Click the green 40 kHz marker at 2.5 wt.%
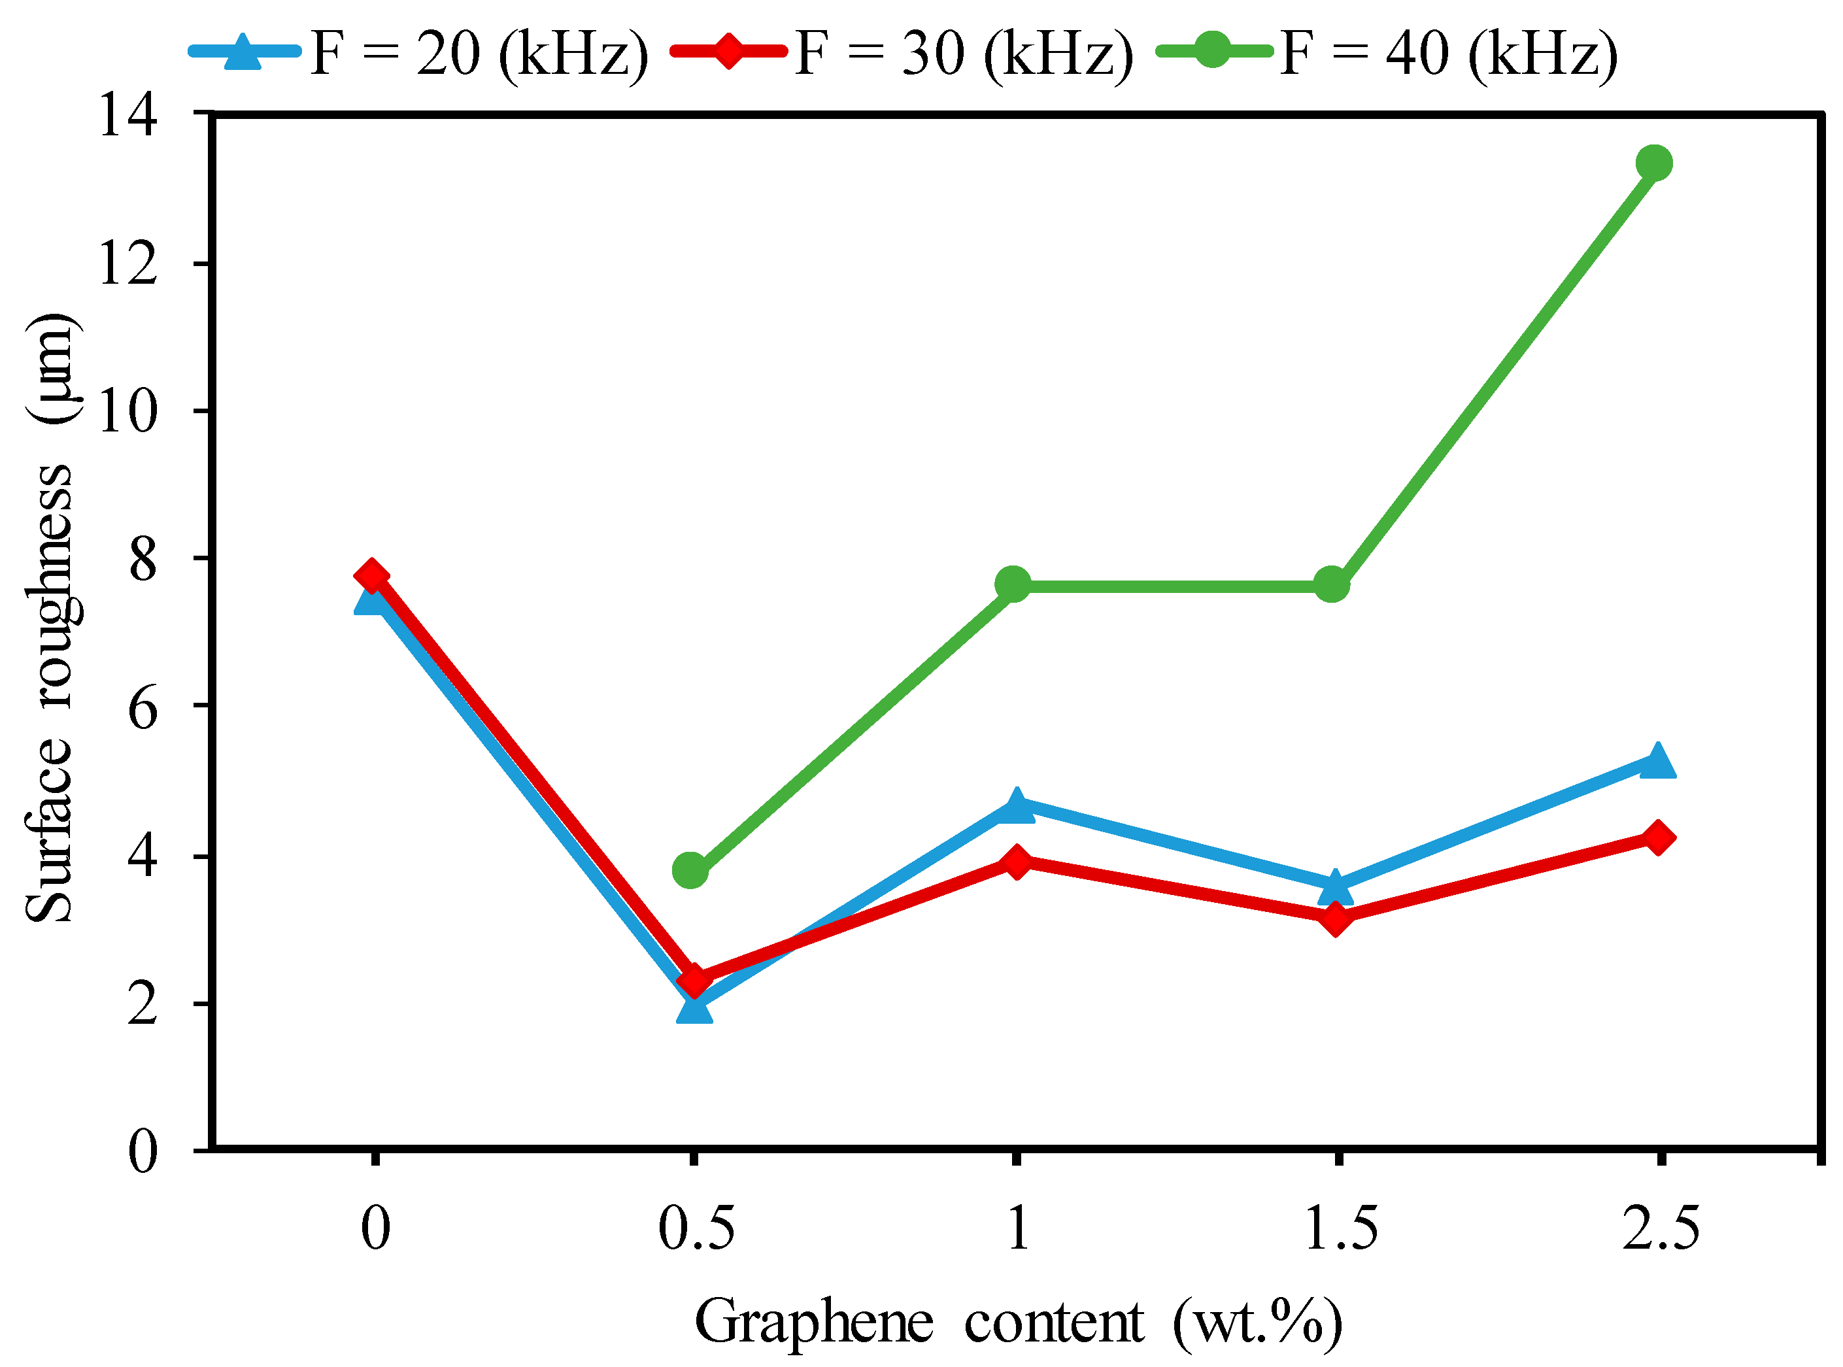pos(1653,162)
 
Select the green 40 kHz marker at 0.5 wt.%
pos(690,871)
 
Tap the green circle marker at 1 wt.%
pos(1012,585)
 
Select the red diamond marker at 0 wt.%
pos(371,576)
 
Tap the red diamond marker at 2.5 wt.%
pos(1657,837)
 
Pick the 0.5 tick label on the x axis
pos(695,1228)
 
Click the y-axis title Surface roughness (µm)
pos(51,616)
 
